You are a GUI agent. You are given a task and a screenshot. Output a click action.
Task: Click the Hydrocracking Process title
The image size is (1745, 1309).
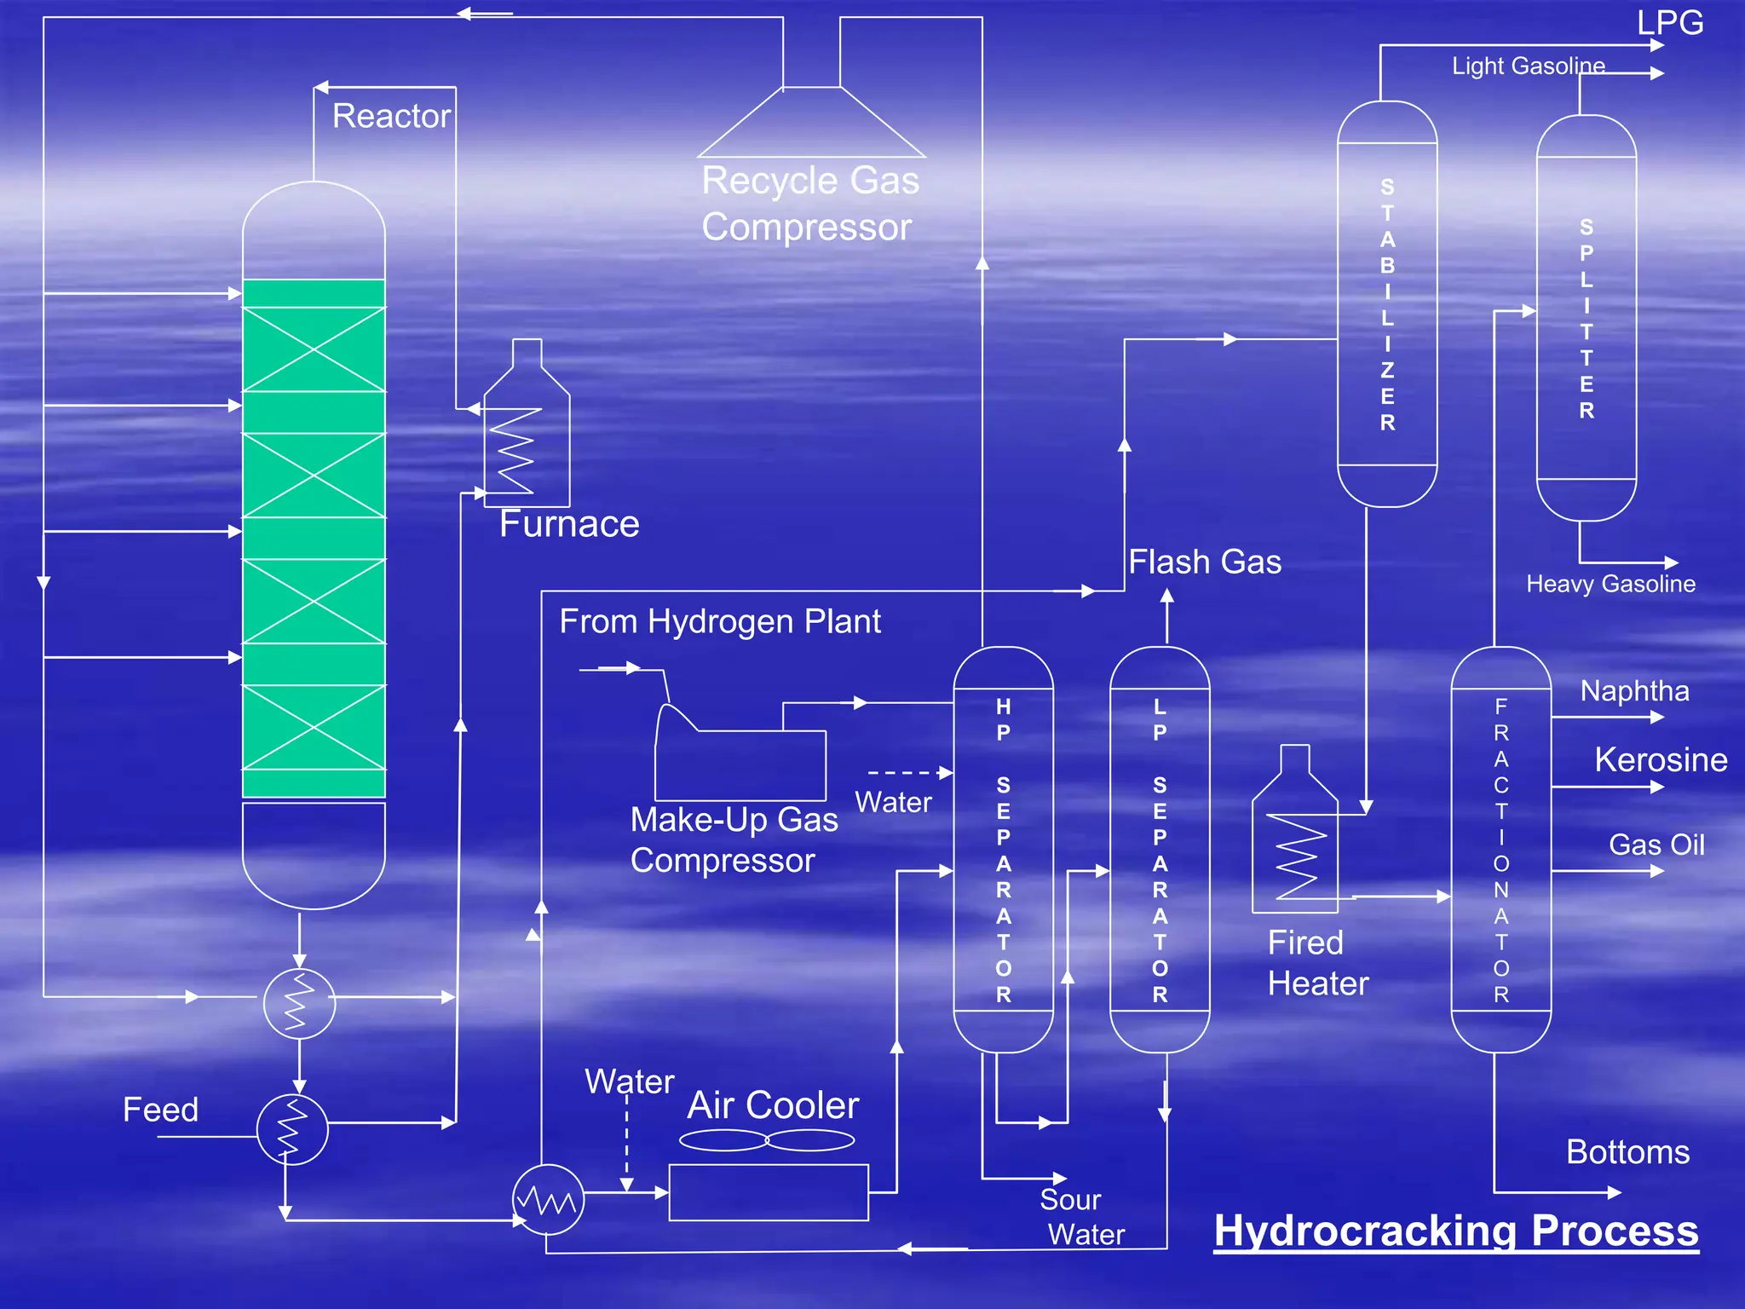tap(1455, 1231)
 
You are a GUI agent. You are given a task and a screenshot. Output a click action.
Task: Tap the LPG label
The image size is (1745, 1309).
tap(1669, 22)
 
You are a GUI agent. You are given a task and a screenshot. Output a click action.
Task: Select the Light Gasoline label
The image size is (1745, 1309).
tap(1528, 66)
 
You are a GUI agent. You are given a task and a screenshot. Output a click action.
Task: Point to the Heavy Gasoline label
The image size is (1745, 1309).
tap(1610, 584)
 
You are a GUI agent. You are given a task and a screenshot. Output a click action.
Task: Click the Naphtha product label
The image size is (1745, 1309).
tap(1634, 690)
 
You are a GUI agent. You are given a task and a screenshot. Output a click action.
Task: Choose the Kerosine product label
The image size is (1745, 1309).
tap(1660, 759)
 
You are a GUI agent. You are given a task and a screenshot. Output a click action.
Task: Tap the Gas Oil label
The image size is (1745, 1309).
tap(1656, 845)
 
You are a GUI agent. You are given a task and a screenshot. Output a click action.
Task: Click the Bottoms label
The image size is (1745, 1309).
tap(1627, 1152)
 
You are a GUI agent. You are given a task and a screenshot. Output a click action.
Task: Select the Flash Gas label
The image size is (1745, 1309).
tap(1204, 562)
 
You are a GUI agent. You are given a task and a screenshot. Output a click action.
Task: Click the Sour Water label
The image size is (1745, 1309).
tap(1080, 1217)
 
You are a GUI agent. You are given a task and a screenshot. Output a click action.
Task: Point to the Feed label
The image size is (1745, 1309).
tap(160, 1110)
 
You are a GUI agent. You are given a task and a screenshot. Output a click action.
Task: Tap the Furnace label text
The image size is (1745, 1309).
tap(568, 523)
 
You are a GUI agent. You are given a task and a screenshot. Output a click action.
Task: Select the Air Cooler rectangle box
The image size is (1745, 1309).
tap(768, 1192)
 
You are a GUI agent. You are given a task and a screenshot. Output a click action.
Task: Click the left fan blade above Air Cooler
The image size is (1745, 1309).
tap(723, 1139)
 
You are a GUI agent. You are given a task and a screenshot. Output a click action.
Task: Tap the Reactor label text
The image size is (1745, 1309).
tap(391, 116)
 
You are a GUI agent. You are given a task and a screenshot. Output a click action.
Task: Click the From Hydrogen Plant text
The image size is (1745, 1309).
tap(719, 621)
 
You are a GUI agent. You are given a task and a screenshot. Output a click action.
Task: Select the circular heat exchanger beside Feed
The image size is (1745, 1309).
tap(292, 1130)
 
